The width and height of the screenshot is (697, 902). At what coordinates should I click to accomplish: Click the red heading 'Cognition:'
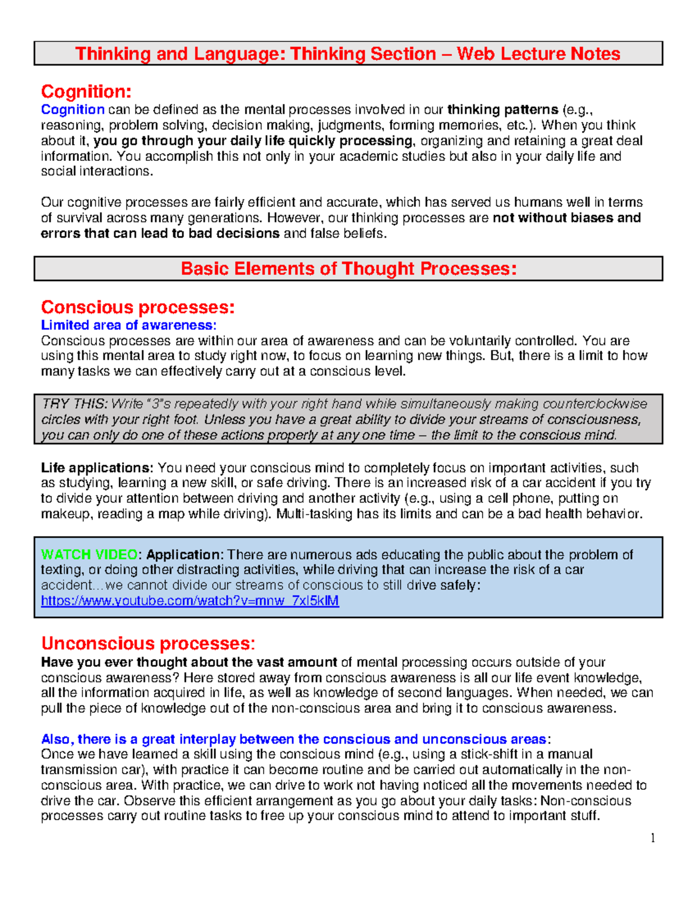[x=86, y=92]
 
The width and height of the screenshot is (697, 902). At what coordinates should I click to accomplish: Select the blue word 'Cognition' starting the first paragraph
[x=73, y=110]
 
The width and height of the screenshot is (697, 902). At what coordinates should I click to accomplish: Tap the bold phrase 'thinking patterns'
[x=502, y=110]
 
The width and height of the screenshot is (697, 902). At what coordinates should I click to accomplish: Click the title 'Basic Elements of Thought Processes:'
[x=348, y=269]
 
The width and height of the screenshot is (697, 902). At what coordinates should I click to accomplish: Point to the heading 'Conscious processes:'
[x=138, y=307]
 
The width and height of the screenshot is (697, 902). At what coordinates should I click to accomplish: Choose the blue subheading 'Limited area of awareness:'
[x=128, y=325]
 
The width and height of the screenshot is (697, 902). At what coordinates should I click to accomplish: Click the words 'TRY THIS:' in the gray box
[x=74, y=404]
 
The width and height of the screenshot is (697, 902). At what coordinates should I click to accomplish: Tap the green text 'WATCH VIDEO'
[x=89, y=555]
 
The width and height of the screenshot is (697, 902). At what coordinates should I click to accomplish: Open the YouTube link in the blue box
[x=190, y=601]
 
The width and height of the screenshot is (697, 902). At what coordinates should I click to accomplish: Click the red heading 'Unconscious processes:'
[x=148, y=644]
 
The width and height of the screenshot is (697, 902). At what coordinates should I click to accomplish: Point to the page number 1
[x=653, y=838]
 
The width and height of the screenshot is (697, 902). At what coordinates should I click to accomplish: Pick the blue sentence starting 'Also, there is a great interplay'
[x=293, y=739]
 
